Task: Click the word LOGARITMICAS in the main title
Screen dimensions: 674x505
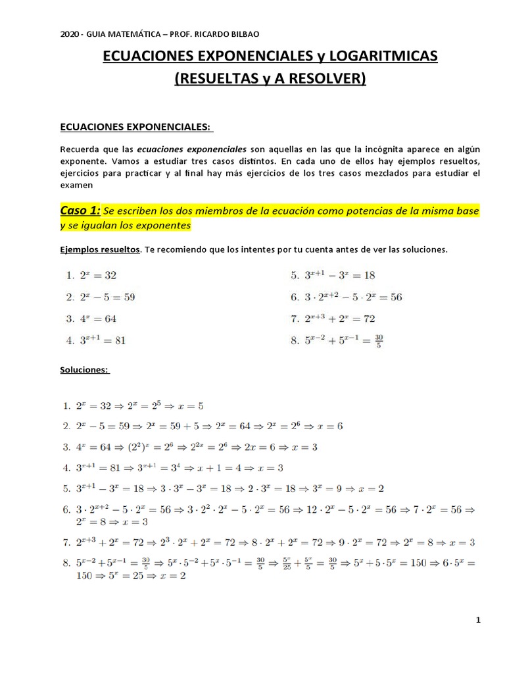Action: pyautogui.click(x=373, y=57)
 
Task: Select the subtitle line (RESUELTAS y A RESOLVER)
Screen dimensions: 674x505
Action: pyautogui.click(x=270, y=80)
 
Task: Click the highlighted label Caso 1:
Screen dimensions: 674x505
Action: pyautogui.click(x=80, y=210)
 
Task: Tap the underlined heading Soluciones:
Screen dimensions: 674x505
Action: pyautogui.click(x=85, y=370)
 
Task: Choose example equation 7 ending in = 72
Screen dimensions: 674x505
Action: pyautogui.click(x=342, y=319)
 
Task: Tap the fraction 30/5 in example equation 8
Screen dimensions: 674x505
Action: pyautogui.click(x=378, y=340)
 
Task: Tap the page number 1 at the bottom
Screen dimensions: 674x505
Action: pyautogui.click(x=479, y=620)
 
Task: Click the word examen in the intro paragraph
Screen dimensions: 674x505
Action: pyautogui.click(x=76, y=186)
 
